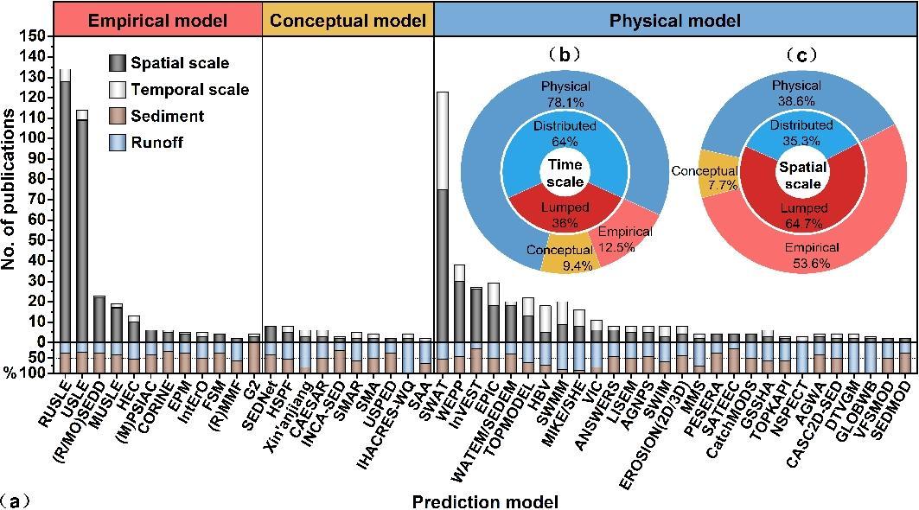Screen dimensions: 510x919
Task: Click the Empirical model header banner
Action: (x=157, y=19)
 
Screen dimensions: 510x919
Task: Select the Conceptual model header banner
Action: (x=348, y=19)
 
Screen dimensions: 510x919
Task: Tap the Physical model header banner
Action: (x=675, y=19)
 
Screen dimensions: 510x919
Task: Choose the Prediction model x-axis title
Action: (x=485, y=501)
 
